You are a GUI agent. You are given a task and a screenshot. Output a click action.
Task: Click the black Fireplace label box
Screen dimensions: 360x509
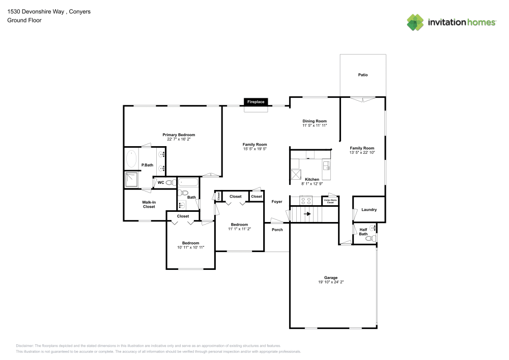coord(256,102)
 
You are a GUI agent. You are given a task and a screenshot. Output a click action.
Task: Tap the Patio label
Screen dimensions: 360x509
coord(362,75)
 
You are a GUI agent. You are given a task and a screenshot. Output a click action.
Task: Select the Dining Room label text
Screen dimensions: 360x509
coord(314,121)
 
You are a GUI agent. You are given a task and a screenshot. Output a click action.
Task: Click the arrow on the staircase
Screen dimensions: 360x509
coord(307,214)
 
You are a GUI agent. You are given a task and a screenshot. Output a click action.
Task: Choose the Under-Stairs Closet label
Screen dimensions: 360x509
coord(330,202)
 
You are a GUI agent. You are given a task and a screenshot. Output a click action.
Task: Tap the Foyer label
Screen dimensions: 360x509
coord(276,202)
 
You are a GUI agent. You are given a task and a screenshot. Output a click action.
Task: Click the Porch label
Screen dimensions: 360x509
coord(277,230)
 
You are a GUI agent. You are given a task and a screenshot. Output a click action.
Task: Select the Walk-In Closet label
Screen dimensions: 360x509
coord(149,205)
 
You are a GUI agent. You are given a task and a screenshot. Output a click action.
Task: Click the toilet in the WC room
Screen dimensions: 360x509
coord(170,182)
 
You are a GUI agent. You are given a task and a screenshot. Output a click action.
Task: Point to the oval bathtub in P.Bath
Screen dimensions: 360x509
coord(131,159)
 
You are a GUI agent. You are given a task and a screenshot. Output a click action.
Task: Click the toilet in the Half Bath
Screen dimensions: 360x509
coord(374,238)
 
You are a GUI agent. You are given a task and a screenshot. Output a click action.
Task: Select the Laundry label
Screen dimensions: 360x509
coord(369,210)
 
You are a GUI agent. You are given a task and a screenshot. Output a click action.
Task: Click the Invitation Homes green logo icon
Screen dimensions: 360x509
coord(415,22)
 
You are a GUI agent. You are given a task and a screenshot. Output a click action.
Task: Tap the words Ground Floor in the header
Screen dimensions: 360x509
coord(24,20)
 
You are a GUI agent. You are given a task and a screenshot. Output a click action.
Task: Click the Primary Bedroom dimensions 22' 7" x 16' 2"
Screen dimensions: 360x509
coord(179,139)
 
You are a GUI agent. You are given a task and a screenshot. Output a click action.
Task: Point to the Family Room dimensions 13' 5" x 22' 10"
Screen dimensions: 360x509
coord(362,152)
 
